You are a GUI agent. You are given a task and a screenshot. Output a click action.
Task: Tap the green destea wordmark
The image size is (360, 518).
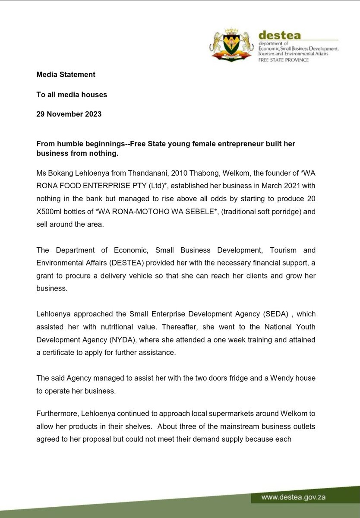click(279, 35)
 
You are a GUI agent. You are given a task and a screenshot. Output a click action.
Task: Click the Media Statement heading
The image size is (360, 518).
click(66, 74)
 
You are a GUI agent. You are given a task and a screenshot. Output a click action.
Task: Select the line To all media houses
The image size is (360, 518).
click(72, 94)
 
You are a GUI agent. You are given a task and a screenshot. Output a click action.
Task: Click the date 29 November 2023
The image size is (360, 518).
click(69, 114)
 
